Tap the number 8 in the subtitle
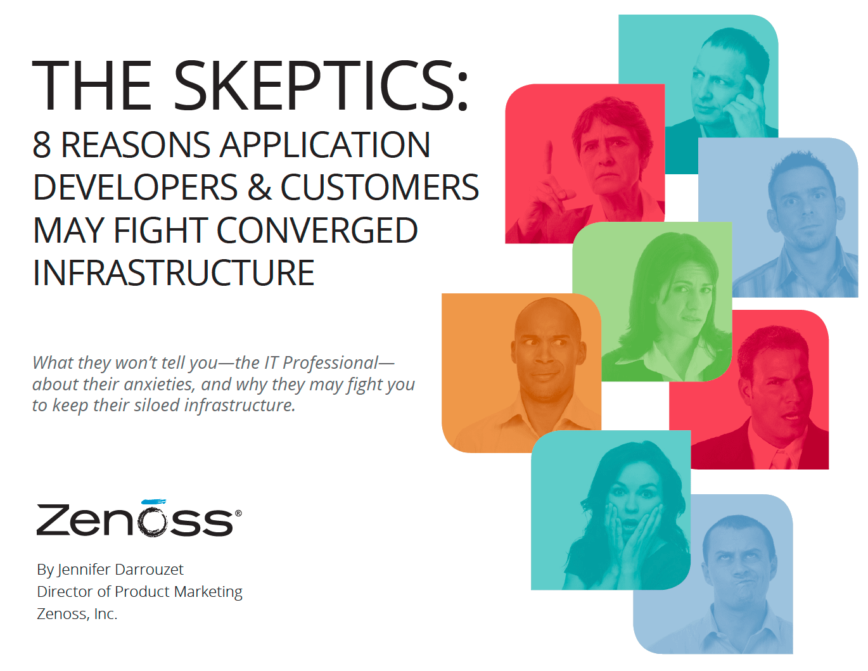pos(42,144)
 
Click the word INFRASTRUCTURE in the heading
pos(174,273)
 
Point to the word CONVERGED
pos(317,230)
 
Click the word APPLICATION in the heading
pos(325,144)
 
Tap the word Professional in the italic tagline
pos(330,363)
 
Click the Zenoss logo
pos(139,518)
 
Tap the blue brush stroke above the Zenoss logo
pos(154,501)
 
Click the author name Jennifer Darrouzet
pos(120,570)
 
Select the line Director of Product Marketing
pos(139,592)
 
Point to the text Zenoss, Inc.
pos(77,614)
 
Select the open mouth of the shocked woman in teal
pos(630,523)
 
